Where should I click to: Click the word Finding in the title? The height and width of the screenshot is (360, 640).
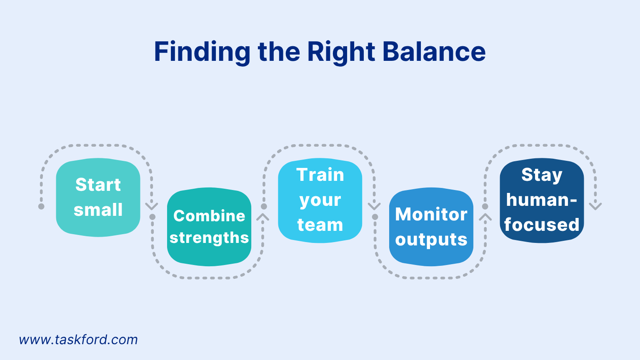pyautogui.click(x=202, y=52)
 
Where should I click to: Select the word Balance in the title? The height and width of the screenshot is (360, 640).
pyautogui.click(x=434, y=52)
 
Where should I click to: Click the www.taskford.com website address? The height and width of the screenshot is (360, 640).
pyautogui.click(x=78, y=340)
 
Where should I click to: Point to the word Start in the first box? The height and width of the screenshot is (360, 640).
pyautogui.click(x=98, y=185)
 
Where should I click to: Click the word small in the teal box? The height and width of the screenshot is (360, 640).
pyautogui.click(x=98, y=210)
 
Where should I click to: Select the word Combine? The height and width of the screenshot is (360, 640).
pyautogui.click(x=209, y=216)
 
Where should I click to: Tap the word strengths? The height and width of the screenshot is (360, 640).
pyautogui.click(x=209, y=237)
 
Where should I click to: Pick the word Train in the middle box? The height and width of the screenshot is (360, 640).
pyautogui.click(x=320, y=175)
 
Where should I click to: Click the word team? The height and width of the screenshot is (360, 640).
pyautogui.click(x=320, y=225)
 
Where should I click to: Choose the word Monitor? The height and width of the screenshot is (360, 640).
pyautogui.click(x=431, y=214)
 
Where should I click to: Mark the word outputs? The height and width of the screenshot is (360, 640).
pyautogui.click(x=431, y=240)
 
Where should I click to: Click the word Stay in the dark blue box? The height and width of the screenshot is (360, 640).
pyautogui.click(x=542, y=175)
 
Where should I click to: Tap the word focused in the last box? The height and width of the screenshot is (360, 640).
pyautogui.click(x=542, y=225)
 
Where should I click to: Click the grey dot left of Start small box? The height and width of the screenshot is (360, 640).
pyautogui.click(x=41, y=206)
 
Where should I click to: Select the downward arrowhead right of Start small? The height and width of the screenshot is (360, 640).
pyautogui.click(x=152, y=206)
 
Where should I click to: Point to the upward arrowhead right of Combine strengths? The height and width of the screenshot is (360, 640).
pyautogui.click(x=263, y=217)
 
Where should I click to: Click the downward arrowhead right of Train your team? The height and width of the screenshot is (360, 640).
pyautogui.click(x=374, y=206)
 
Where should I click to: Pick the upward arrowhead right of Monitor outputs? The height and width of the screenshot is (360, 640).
pyautogui.click(x=485, y=217)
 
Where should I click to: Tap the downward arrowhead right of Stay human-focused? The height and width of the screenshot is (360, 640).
pyautogui.click(x=595, y=206)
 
